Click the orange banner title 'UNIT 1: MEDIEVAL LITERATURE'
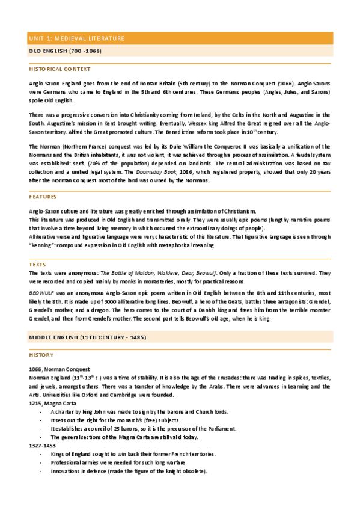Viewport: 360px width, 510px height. point(76,38)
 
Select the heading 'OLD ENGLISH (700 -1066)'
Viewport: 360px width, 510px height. point(65,51)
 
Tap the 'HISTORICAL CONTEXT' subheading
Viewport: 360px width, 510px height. point(59,69)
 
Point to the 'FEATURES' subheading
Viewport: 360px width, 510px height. point(43,197)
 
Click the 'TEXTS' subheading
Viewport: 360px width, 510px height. point(37,265)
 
